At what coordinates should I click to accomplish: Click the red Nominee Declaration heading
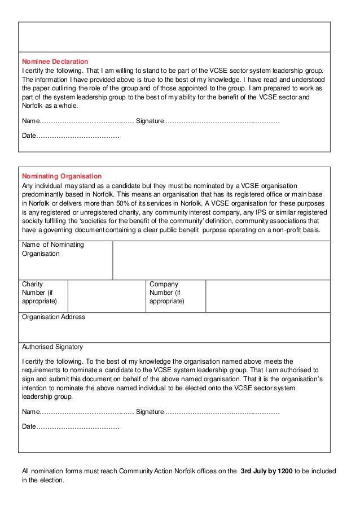pyautogui.click(x=55, y=61)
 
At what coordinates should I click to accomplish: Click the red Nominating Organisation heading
pyautogui.click(x=62, y=176)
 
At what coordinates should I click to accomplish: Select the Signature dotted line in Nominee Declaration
pyautogui.click(x=222, y=121)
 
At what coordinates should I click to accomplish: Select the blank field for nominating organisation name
pyautogui.click(x=221, y=260)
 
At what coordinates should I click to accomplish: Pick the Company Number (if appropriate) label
pyautogui.click(x=166, y=293)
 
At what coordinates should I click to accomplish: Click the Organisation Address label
pyautogui.click(x=53, y=317)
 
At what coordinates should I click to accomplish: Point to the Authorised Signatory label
pyautogui.click(x=52, y=347)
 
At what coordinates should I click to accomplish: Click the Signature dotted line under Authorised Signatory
pyautogui.click(x=222, y=412)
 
